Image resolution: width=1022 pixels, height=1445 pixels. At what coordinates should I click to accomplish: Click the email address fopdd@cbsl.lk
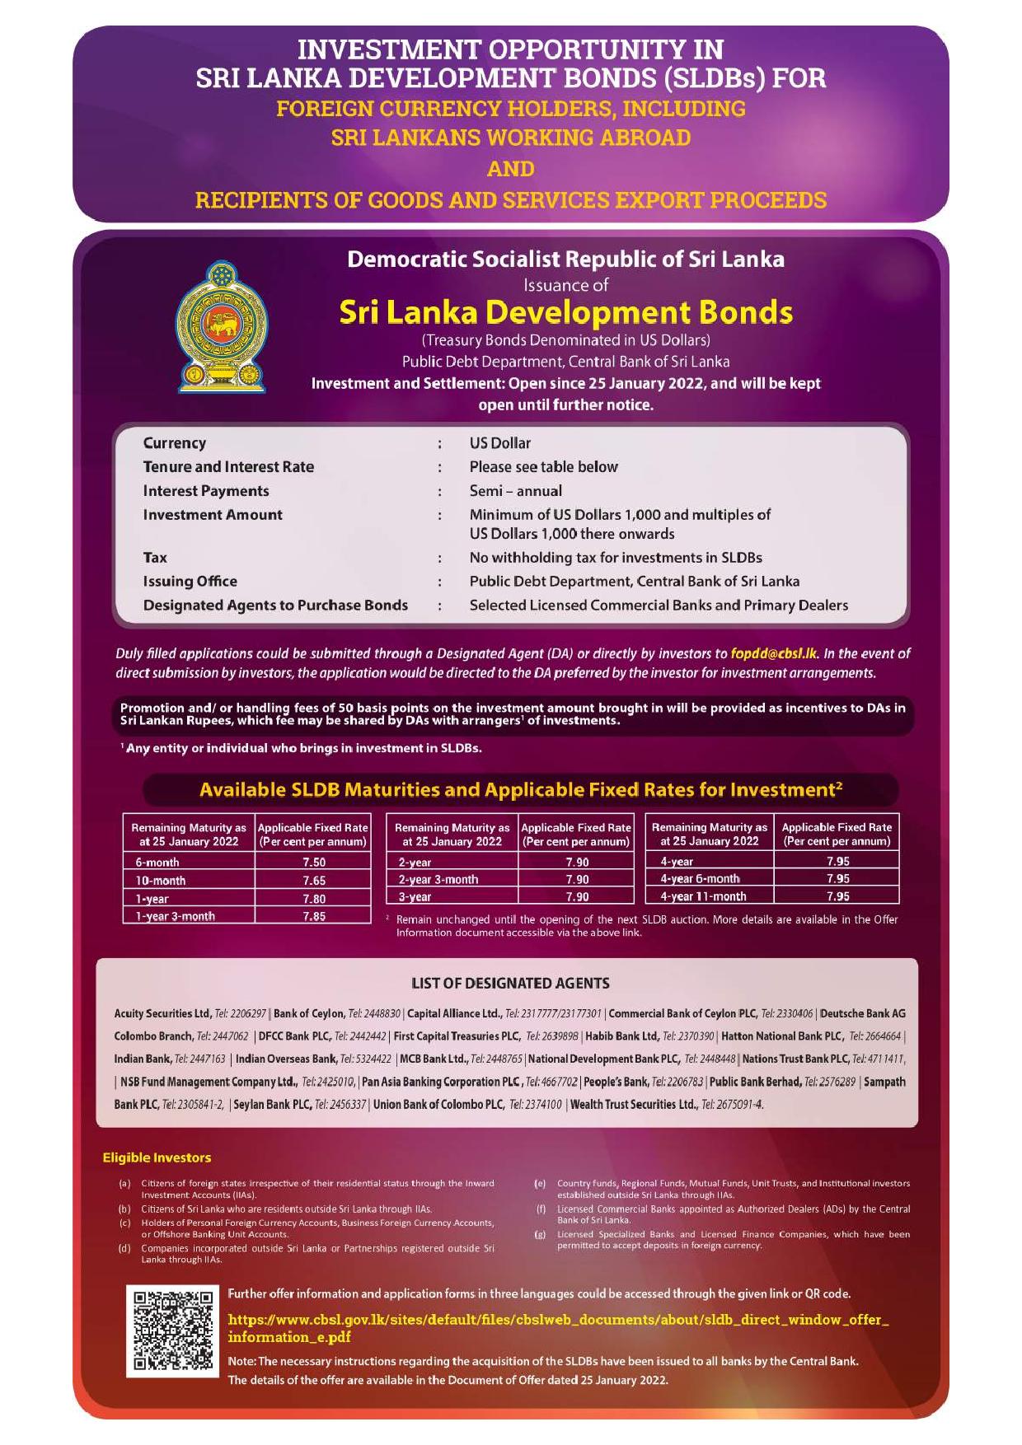coord(774,653)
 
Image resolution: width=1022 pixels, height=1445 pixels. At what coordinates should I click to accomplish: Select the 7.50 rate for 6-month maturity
coord(313,862)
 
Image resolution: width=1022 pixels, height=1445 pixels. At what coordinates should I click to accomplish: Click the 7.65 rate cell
coord(313,880)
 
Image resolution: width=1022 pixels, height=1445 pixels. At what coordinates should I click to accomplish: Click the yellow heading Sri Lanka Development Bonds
coord(565,312)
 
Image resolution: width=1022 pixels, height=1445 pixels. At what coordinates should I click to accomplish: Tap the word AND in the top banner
coord(510,169)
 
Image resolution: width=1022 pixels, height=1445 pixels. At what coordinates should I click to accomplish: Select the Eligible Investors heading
coord(157,1157)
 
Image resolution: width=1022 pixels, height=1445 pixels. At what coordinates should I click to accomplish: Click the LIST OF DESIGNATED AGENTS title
coord(510,983)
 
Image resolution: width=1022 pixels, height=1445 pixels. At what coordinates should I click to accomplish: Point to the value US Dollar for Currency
coord(500,443)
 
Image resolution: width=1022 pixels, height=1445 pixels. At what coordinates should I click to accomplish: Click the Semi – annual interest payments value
coord(516,491)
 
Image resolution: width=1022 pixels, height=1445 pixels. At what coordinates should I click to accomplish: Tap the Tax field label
coord(155,558)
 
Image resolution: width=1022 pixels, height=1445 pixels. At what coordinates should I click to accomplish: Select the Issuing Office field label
coord(190,582)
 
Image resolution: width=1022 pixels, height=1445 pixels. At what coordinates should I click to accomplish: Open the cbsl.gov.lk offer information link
coord(557,1328)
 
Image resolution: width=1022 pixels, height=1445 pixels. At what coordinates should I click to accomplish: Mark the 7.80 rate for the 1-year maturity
coord(313,899)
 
